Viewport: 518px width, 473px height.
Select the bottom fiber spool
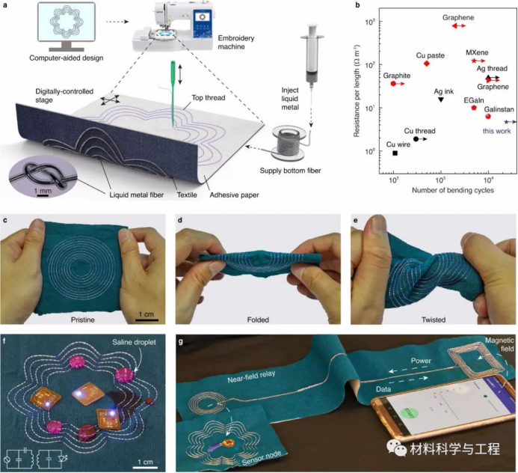click(286, 140)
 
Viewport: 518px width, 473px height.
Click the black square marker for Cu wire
click(395, 153)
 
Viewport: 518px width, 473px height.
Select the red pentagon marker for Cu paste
click(426, 64)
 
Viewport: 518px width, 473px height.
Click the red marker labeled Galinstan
click(488, 116)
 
